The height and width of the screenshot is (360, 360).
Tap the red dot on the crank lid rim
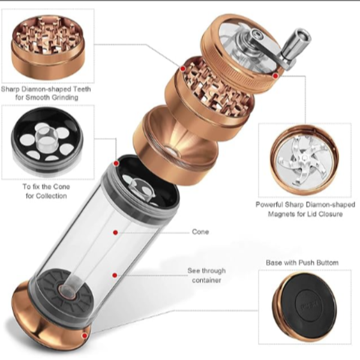point(276,76)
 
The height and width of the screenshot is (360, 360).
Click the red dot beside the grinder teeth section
point(183,68)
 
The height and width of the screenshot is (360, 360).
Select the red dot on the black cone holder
point(116,163)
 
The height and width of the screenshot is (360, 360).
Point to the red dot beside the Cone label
point(115,233)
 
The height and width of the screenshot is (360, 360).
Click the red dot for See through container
point(115,275)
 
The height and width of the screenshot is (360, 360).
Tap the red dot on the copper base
point(85,336)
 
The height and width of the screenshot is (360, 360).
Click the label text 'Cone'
point(200,232)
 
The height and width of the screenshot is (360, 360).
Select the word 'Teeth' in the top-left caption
point(82,89)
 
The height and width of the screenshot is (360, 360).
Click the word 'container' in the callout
point(206,280)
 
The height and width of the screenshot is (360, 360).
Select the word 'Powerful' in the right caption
point(269,205)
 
